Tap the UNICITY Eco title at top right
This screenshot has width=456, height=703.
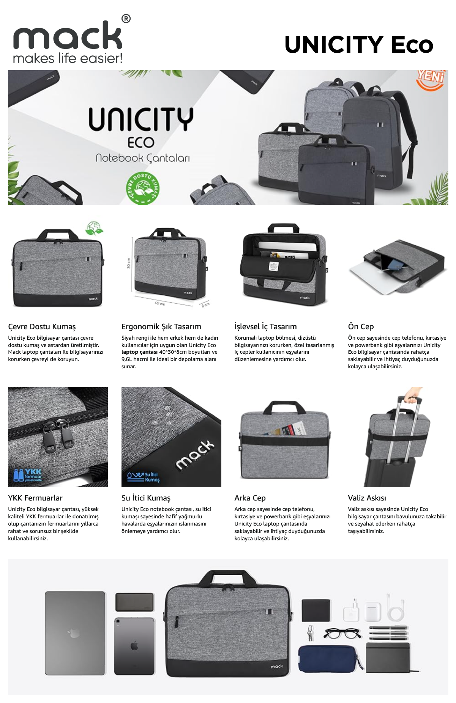[x=359, y=44]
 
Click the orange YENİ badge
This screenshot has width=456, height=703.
[x=430, y=79]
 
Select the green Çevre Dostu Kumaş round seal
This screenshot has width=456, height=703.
[x=143, y=188]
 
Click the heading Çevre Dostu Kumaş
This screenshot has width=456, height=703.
[x=42, y=326]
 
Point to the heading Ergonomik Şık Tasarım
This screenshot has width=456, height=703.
[x=161, y=326]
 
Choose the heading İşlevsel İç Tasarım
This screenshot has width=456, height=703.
[x=265, y=326]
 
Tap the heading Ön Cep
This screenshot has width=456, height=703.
[x=361, y=326]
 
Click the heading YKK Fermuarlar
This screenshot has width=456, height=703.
[x=35, y=498]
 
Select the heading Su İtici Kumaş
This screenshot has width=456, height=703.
[x=146, y=498]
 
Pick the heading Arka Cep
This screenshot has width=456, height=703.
[x=250, y=498]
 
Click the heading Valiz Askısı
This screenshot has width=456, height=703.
[x=367, y=498]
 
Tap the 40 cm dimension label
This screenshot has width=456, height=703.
[x=160, y=304]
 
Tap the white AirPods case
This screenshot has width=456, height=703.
[x=372, y=611]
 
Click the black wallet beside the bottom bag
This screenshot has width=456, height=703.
[x=316, y=610]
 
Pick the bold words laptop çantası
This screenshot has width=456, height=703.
[x=139, y=352]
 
